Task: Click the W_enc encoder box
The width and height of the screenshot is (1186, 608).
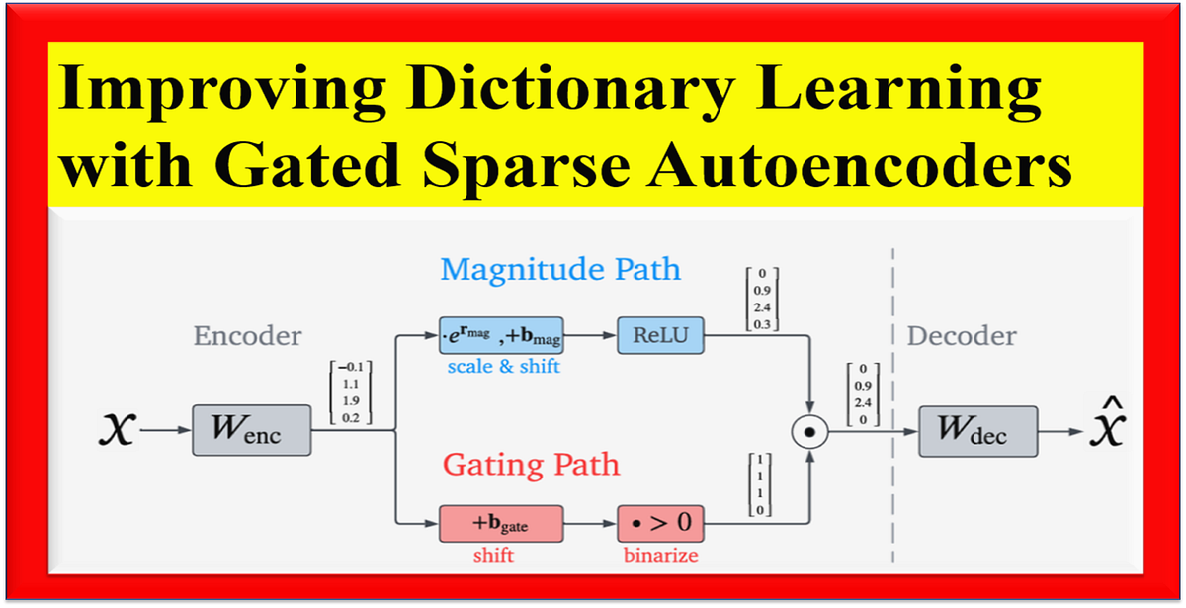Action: (x=251, y=431)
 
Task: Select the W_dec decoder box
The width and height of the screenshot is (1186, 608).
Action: (x=977, y=431)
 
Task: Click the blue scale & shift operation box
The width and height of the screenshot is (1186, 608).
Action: (x=501, y=338)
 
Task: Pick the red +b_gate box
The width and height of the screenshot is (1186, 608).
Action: (x=501, y=523)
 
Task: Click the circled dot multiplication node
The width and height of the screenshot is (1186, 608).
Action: (x=810, y=431)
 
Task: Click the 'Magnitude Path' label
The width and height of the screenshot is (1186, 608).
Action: (x=560, y=269)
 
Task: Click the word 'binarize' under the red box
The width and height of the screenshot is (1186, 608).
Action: (x=660, y=556)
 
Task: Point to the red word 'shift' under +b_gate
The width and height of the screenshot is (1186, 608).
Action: (x=493, y=556)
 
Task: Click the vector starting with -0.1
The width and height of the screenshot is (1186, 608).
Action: (x=349, y=393)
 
